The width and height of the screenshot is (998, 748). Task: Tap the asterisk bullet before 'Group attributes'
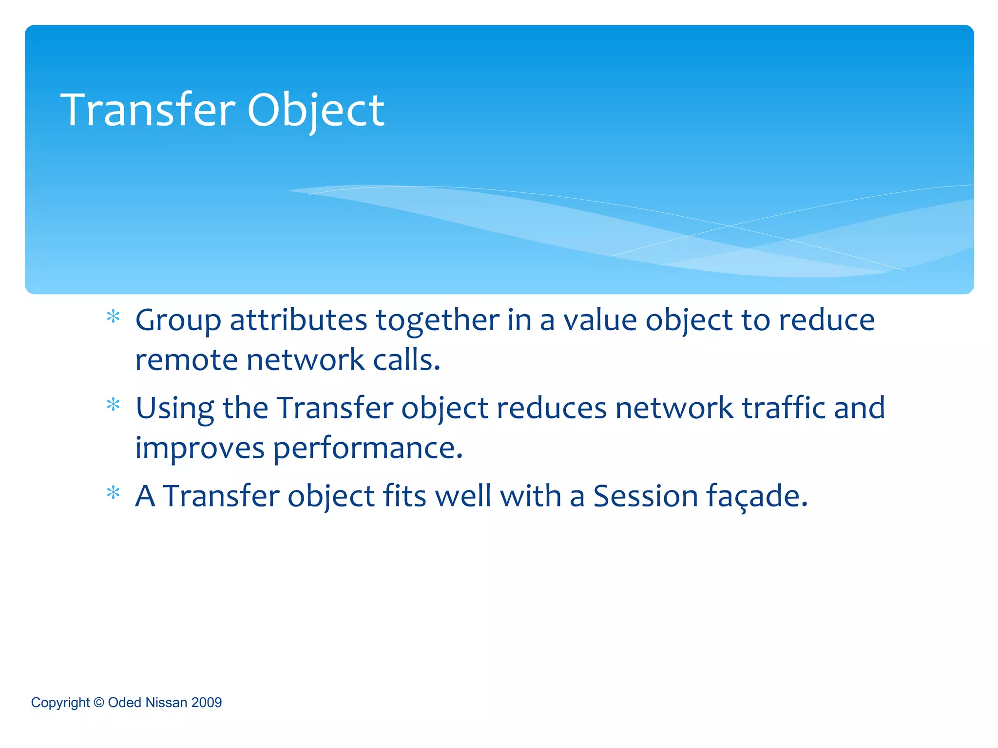click(113, 317)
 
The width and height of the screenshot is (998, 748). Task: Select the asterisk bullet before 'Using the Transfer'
click(113, 405)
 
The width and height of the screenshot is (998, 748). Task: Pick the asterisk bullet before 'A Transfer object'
click(113, 493)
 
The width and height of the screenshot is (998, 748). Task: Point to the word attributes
click(298, 320)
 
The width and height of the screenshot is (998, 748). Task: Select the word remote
click(186, 360)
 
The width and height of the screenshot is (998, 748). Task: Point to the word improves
click(199, 449)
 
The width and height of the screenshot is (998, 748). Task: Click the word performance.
click(367, 449)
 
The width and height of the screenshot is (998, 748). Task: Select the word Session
click(646, 496)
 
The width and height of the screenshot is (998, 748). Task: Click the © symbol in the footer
click(99, 702)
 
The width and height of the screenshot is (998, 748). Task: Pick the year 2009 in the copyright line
click(207, 702)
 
